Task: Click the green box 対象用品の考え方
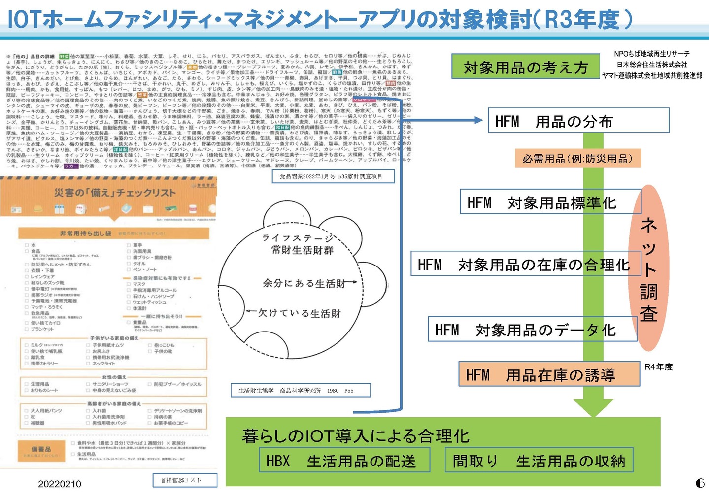(526, 67)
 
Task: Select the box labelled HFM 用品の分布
(578, 121)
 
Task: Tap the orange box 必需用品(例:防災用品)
(577, 159)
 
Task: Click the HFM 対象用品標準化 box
(550, 202)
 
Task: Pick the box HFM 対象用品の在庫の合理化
(523, 265)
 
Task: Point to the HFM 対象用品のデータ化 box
(532, 330)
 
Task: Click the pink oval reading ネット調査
(648, 268)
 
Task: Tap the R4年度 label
(658, 367)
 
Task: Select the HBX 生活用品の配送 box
(345, 461)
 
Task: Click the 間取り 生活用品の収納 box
(539, 461)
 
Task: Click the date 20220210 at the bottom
(59, 484)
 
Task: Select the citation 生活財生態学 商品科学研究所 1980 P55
(301, 391)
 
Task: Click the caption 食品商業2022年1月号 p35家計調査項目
(334, 176)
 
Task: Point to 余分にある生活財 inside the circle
(304, 283)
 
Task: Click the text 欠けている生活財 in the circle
(300, 313)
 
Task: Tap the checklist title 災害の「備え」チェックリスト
(114, 193)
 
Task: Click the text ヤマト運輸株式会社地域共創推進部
(651, 75)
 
